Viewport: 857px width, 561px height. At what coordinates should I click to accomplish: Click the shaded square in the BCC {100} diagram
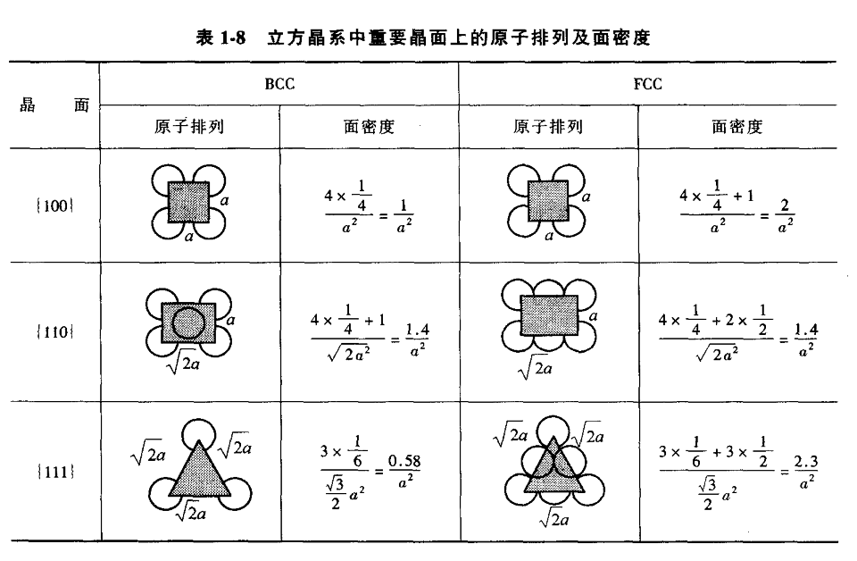click(x=188, y=203)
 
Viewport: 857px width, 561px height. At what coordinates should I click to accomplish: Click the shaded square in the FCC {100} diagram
click(x=548, y=203)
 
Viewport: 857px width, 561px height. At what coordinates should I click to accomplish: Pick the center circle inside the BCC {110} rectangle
click(x=187, y=322)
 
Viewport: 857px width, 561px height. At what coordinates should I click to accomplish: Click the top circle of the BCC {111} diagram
click(x=199, y=434)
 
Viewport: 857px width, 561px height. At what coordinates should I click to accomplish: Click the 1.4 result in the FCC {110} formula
click(x=806, y=331)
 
